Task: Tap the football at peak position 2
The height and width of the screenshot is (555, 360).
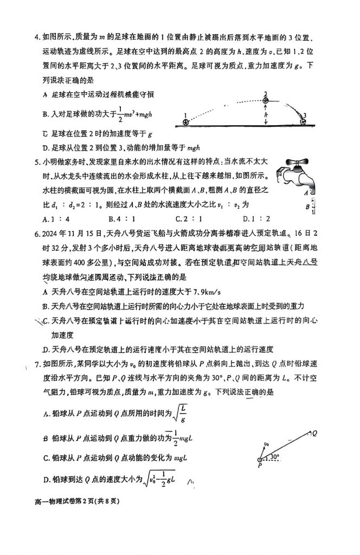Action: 266,100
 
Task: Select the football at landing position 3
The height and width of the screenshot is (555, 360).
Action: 303,122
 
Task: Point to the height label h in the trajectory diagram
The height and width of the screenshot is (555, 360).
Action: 266,115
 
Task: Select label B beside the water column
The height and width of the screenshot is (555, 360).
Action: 307,206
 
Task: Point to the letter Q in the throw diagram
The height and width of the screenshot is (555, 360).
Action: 314,432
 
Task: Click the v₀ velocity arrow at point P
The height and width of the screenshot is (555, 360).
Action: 261,450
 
